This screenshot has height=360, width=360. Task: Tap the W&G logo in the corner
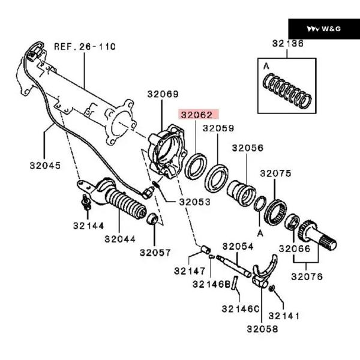[x=323, y=28]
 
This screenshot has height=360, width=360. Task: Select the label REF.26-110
[x=85, y=46]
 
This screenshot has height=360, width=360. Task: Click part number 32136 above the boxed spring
[x=287, y=43]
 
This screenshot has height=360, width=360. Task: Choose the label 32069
[x=162, y=94]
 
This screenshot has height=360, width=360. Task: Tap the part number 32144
[x=89, y=226]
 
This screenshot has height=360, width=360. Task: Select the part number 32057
[x=156, y=253]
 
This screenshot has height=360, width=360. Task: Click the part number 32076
[x=307, y=277]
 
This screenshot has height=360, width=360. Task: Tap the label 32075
[x=275, y=173]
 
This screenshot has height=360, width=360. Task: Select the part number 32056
[x=248, y=147]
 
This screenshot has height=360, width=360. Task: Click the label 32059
[x=218, y=128]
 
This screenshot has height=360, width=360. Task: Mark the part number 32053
[x=194, y=202]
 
